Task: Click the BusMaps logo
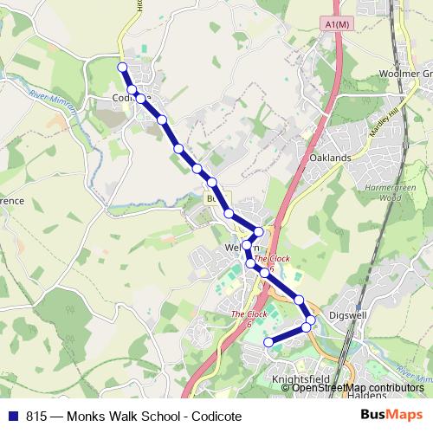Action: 394,414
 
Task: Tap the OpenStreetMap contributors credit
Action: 352,388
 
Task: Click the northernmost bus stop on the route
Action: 122,67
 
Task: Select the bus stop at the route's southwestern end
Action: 268,343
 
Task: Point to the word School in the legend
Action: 148,415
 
